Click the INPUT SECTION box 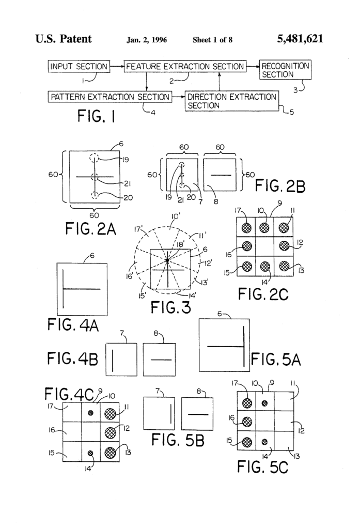79,67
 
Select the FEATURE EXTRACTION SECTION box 185,67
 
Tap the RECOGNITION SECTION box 285,70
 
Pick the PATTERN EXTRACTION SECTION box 110,97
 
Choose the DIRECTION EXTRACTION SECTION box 232,101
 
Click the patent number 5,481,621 300,39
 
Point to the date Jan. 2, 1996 147,40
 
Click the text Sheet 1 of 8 213,40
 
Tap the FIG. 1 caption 96,116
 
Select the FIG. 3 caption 171,307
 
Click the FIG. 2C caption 263,294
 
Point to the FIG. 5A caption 276,359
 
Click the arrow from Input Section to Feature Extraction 117,67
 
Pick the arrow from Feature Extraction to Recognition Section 253,67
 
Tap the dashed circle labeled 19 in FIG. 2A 95,158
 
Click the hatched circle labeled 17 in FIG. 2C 246,228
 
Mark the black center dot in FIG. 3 167,260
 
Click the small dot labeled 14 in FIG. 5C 264,442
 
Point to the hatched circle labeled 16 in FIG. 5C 247,422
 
